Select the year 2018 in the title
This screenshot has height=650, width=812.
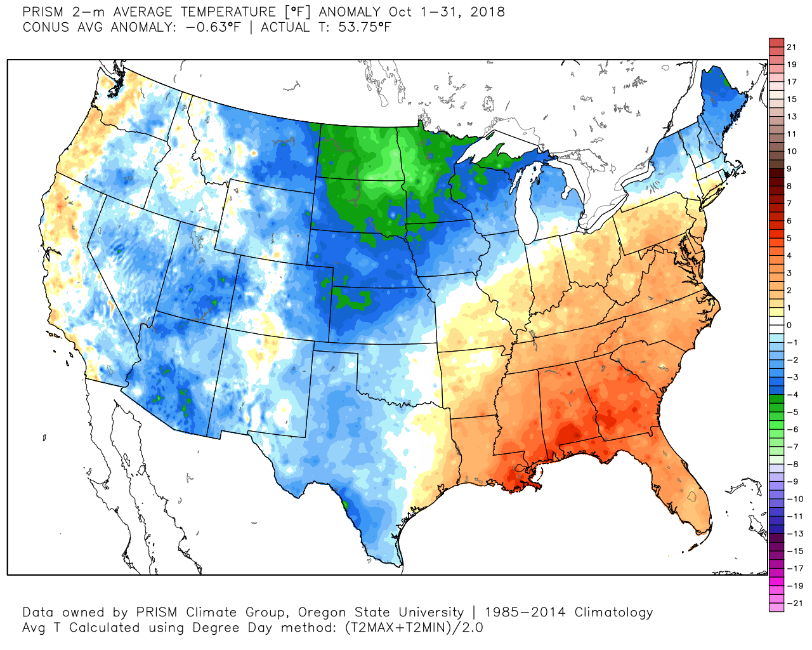[487, 12]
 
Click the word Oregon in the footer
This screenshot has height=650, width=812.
[322, 613]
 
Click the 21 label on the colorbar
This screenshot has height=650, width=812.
[791, 47]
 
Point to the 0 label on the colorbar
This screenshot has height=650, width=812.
[789, 325]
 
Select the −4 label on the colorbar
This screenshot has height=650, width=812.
[792, 395]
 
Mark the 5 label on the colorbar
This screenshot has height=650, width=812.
[789, 238]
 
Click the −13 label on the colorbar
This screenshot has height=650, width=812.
[795, 534]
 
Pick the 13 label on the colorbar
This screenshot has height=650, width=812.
[791, 117]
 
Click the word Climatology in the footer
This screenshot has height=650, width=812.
[613, 613]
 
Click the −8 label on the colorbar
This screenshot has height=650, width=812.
[792, 464]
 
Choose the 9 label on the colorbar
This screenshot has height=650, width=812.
[789, 169]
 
